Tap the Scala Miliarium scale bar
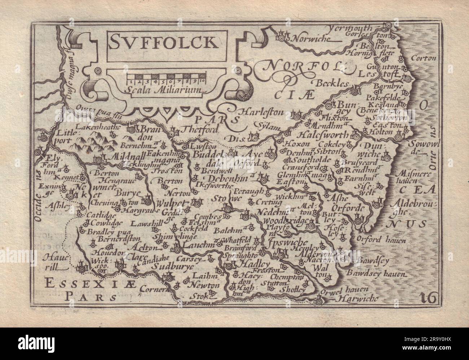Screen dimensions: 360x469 tap(166, 77)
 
